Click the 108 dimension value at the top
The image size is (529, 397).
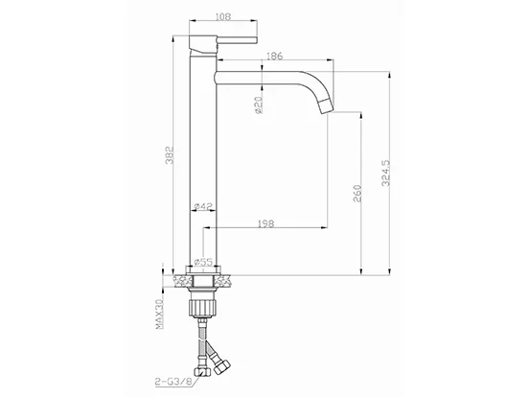coord(223,16)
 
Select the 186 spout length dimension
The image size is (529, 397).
coord(275,56)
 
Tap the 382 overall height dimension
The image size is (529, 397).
coord(170,155)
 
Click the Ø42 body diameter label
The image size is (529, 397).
coord(203,205)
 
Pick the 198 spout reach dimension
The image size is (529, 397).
coord(265,223)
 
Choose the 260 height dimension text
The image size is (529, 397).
coord(356,193)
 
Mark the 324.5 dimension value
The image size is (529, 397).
coord(386,173)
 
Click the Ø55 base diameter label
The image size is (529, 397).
coord(204,262)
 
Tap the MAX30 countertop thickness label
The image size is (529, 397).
coord(159,315)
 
